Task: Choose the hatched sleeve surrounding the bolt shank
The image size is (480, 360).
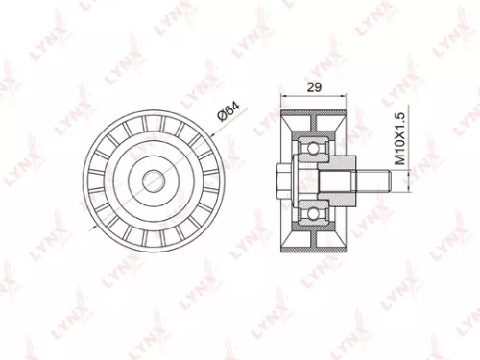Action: tap(331, 180)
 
